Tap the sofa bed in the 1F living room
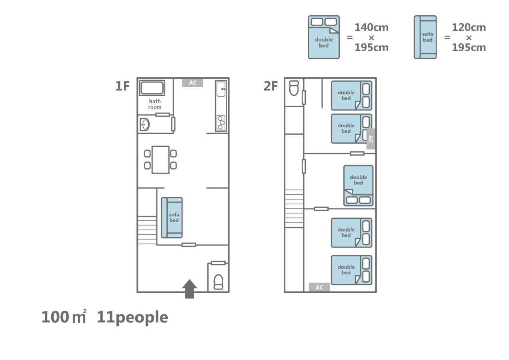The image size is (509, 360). (x=172, y=218)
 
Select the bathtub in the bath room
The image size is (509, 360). (x=152, y=88)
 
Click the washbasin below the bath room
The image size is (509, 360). (x=144, y=125)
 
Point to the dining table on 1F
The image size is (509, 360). (x=160, y=160)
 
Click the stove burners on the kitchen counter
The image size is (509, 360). (x=221, y=122)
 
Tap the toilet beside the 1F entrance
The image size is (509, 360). (x=218, y=281)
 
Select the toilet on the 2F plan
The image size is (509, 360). (x=294, y=88)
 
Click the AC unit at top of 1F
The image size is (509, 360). (x=192, y=83)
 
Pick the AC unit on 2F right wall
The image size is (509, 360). (x=371, y=139)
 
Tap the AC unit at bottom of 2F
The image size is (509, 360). (x=319, y=287)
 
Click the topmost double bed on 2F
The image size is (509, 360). (x=351, y=96)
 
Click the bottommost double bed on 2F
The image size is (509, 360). (x=351, y=270)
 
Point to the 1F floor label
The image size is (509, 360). (x=122, y=86)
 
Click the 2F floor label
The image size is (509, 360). (x=271, y=86)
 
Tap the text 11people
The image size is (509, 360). (x=132, y=317)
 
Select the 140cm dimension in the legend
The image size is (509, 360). (x=371, y=28)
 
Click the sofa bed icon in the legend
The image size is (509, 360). (x=425, y=37)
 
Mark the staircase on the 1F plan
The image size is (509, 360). (x=147, y=230)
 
